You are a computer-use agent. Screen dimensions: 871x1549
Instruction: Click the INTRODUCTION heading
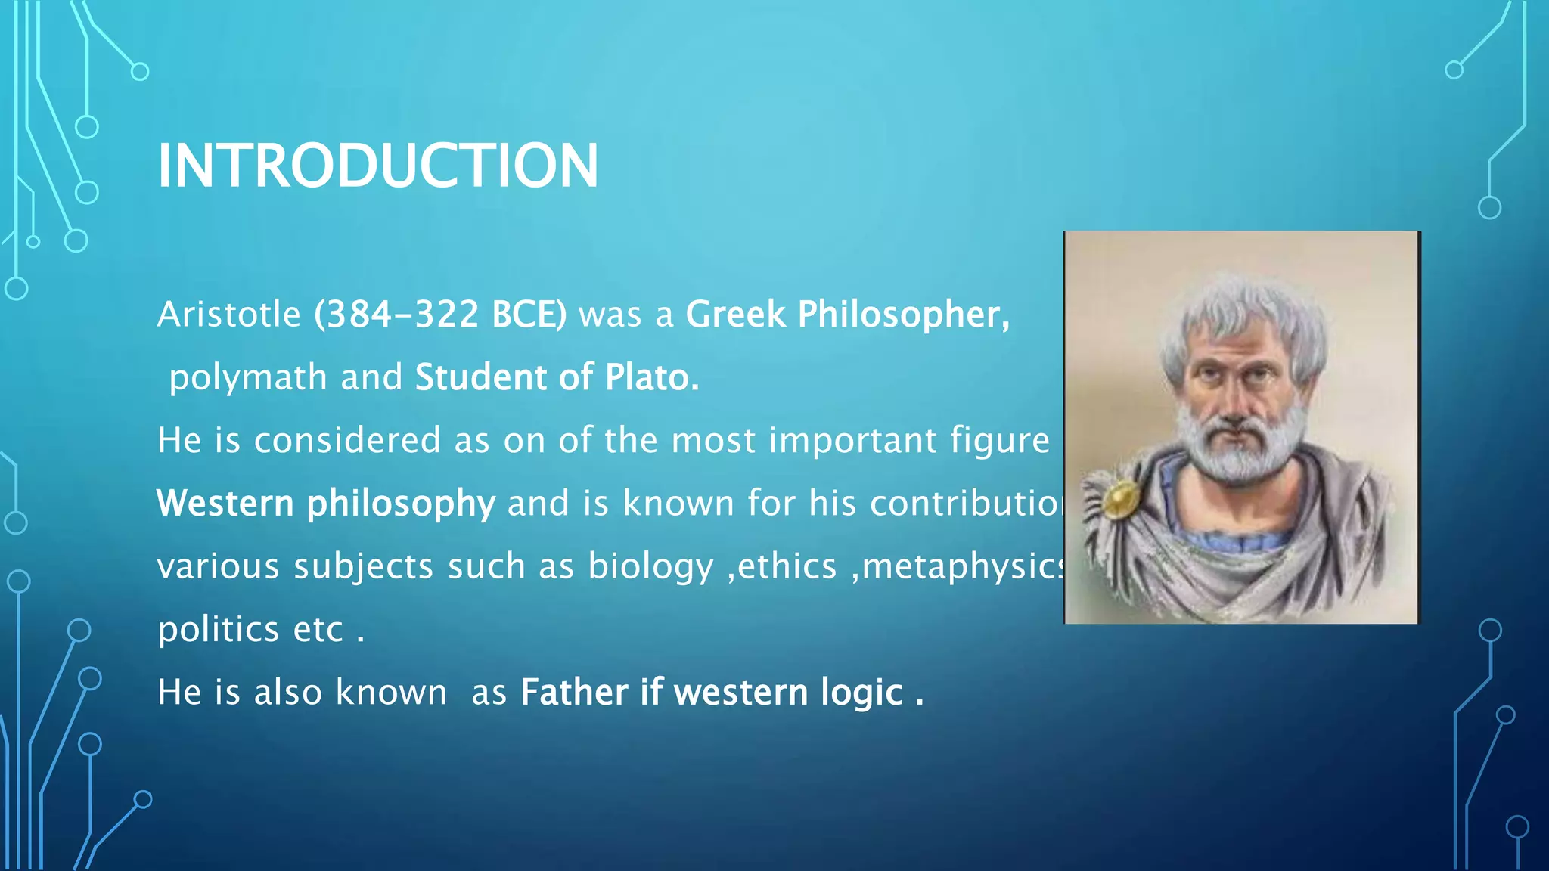pyautogui.click(x=377, y=166)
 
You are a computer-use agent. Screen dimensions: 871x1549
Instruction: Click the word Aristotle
pyautogui.click(x=229, y=315)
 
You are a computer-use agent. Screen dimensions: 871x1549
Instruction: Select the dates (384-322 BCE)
pyautogui.click(x=440, y=315)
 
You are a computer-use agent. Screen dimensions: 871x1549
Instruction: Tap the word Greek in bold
pyautogui.click(x=735, y=315)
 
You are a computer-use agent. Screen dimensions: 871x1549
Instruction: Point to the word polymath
pyautogui.click(x=248, y=377)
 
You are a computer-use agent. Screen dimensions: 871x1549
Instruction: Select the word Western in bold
pyautogui.click(x=225, y=504)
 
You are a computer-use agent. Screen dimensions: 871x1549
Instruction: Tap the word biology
pyautogui.click(x=650, y=567)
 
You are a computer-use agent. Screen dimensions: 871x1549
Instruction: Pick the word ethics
pyautogui.click(x=787, y=566)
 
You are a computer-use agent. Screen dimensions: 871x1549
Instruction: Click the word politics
pyautogui.click(x=219, y=630)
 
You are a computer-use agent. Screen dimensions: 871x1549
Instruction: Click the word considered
pyautogui.click(x=347, y=441)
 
